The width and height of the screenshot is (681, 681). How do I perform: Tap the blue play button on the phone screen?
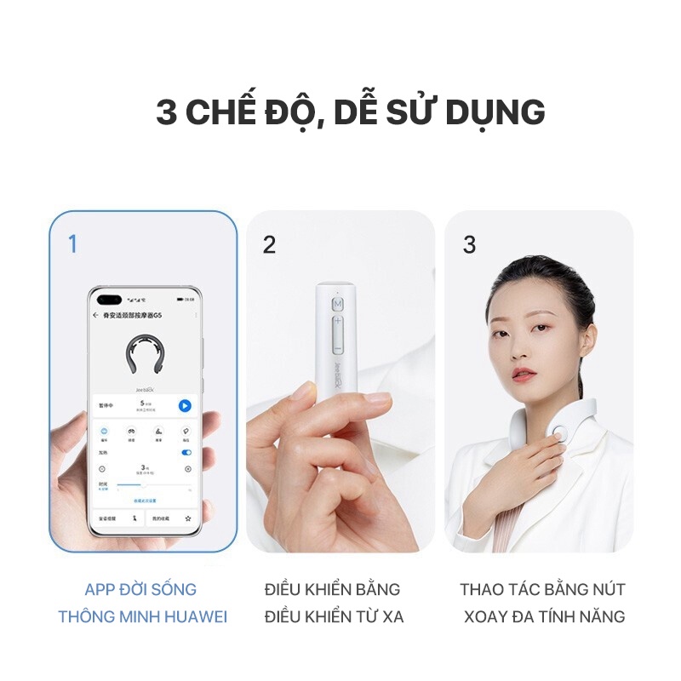(185, 406)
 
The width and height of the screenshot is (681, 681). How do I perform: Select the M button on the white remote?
(338, 304)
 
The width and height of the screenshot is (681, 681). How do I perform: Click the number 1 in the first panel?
(72, 244)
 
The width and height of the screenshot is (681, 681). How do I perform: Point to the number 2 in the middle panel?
(270, 245)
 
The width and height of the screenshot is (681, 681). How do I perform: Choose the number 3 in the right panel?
(469, 244)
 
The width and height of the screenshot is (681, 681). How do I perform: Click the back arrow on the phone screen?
(95, 315)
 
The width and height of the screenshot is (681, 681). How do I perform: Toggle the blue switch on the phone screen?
(186, 453)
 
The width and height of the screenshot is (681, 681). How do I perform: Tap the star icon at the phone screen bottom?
(188, 518)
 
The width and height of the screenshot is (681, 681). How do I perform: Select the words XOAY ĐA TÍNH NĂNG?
(544, 617)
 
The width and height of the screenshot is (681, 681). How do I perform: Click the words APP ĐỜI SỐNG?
(140, 589)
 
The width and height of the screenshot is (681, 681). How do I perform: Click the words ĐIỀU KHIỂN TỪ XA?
(334, 617)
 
